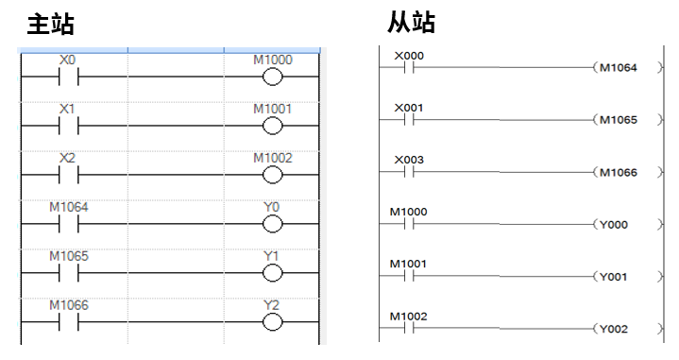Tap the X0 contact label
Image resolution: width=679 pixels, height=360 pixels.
pyautogui.click(x=67, y=60)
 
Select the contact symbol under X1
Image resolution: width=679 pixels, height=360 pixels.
pyautogui.click(x=67, y=125)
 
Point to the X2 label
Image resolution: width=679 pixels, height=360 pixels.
pyautogui.click(x=67, y=158)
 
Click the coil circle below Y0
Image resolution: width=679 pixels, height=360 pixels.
pyautogui.click(x=273, y=223)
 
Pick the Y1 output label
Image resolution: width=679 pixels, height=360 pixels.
pyautogui.click(x=273, y=256)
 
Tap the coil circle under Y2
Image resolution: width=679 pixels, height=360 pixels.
pyautogui.click(x=273, y=321)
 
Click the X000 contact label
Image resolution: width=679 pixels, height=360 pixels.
pyautogui.click(x=409, y=56)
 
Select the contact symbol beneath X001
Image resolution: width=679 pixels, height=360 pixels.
pyautogui.click(x=409, y=120)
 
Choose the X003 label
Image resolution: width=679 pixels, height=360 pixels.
pyautogui.click(x=409, y=160)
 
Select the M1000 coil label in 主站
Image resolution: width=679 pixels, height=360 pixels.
pyautogui.click(x=273, y=60)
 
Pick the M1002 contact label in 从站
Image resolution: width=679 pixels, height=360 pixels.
pyautogui.click(x=409, y=316)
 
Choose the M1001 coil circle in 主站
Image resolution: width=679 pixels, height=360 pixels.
pyautogui.click(x=273, y=125)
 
